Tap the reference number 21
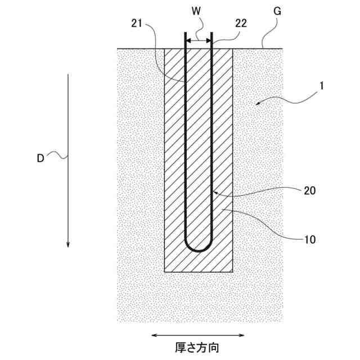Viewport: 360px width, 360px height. pos(137,24)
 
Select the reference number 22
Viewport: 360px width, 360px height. pos(241,24)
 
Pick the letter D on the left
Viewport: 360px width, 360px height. pos(40,159)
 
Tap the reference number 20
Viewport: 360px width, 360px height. pos(309,190)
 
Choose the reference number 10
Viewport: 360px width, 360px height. pos(309,239)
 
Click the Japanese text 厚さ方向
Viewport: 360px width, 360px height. pos(199,348)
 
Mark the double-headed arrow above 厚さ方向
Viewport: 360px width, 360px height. pos(199,335)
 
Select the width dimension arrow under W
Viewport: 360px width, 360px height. pos(199,40)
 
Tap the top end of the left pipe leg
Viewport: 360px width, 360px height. pos(186,33)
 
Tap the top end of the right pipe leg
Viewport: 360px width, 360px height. pos(211,33)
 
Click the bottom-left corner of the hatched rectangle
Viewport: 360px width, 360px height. pos(164,272)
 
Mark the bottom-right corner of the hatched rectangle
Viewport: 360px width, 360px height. pos(233,272)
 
